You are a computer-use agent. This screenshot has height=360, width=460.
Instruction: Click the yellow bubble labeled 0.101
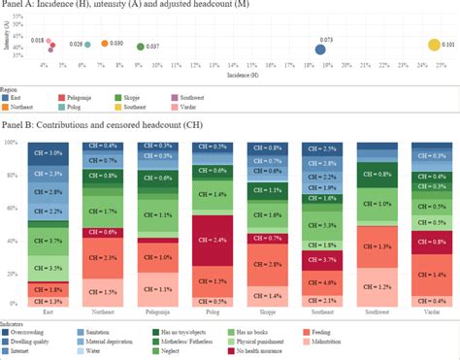434,46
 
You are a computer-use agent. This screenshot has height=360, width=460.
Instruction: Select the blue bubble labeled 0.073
320,49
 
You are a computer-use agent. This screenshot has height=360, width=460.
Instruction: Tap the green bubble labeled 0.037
142,47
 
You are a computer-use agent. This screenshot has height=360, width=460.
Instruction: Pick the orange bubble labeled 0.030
105,44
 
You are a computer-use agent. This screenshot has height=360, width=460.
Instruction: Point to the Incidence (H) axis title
242,74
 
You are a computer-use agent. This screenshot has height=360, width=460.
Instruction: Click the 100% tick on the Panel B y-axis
12,143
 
